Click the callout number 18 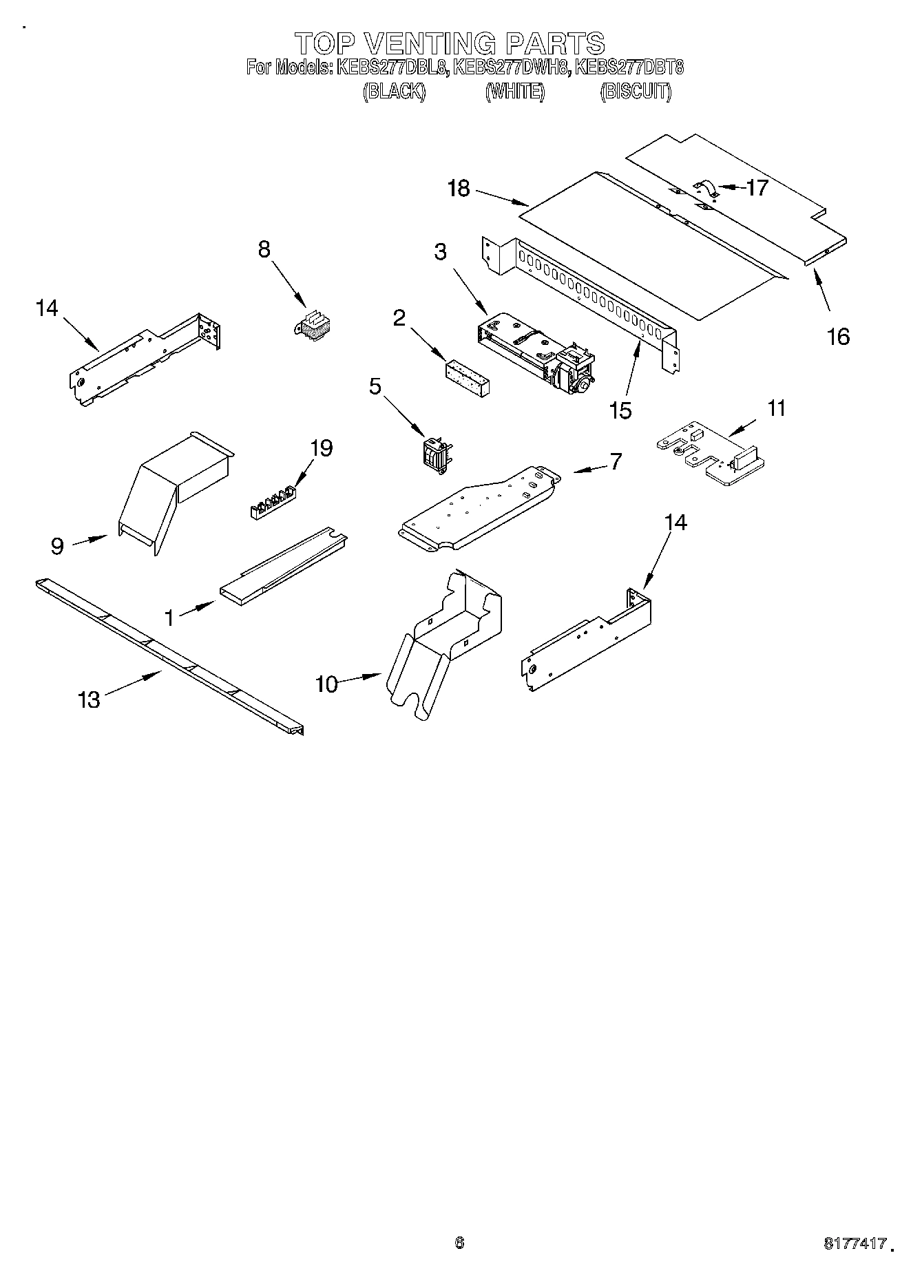tap(459, 188)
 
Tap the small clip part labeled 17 tap(705, 188)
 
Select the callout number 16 tap(838, 337)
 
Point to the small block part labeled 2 tap(466, 378)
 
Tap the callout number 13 tap(90, 700)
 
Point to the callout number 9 tap(57, 546)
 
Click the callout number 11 tap(776, 408)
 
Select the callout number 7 tap(615, 461)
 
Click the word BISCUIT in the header tap(636, 92)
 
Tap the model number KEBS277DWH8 tap(511, 67)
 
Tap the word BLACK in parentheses tap(394, 92)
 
